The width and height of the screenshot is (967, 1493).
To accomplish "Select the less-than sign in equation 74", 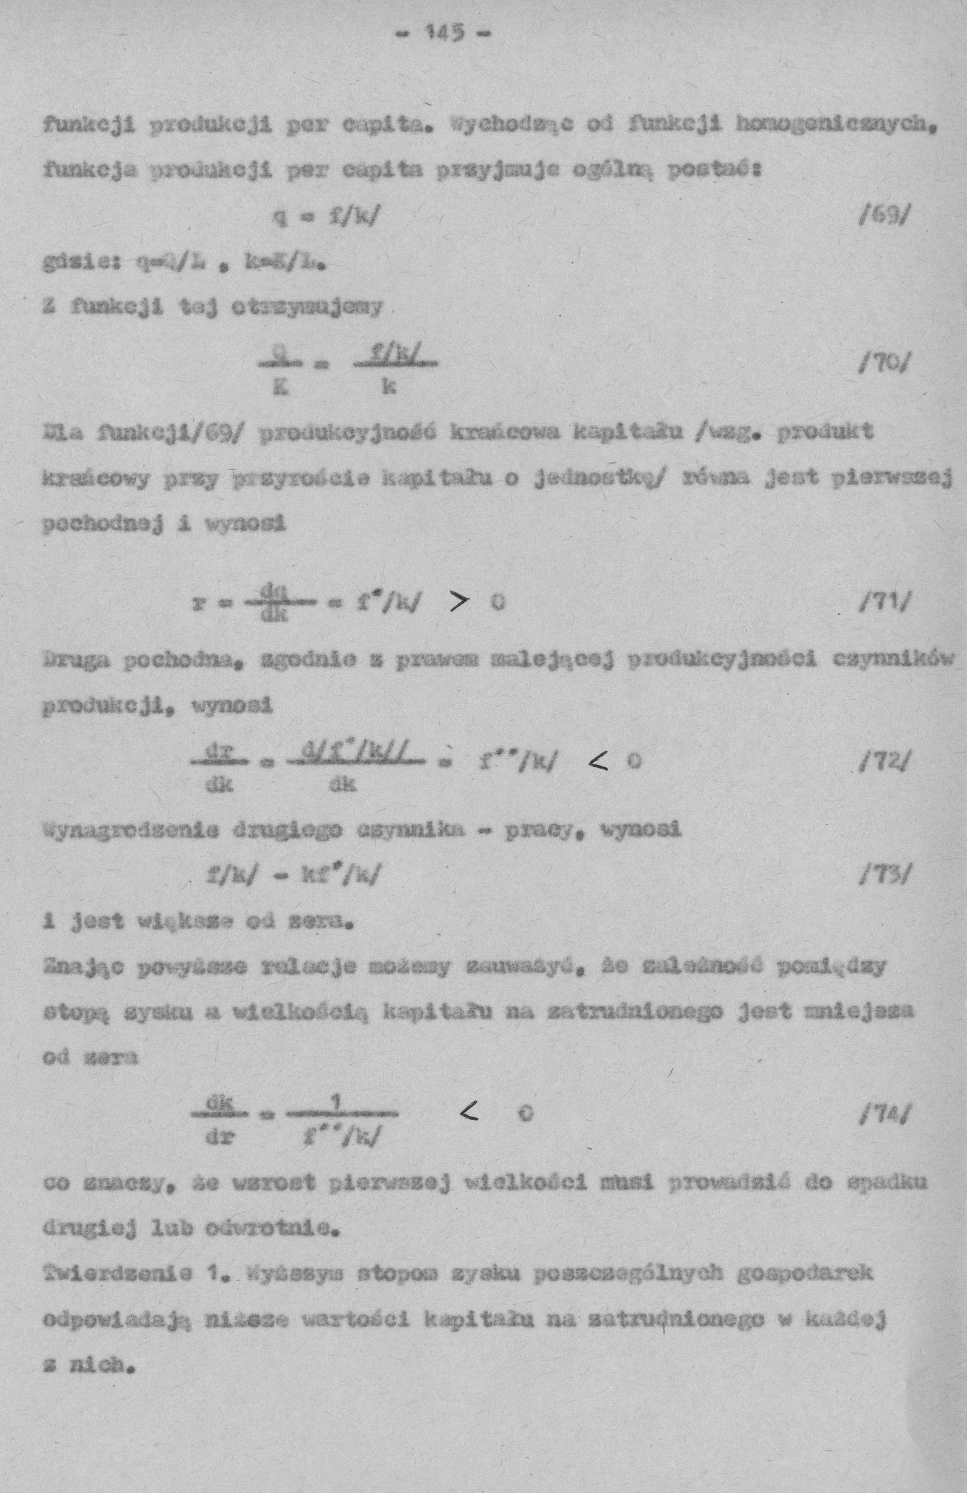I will click(469, 1114).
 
